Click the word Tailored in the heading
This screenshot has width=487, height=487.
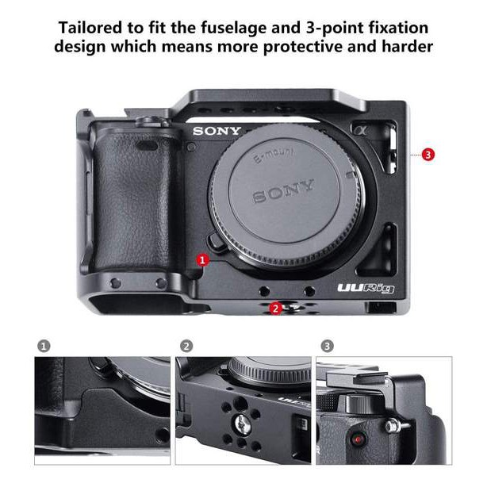90,27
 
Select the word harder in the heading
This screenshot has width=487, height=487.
407,47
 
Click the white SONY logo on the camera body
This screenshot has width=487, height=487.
217,131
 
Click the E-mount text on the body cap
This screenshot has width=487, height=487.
274,155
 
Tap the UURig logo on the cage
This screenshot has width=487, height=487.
366,289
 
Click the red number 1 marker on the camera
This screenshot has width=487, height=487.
202,260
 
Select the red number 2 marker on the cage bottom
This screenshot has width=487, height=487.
275,309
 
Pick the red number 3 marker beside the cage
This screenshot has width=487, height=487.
428,155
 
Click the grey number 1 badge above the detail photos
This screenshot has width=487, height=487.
44,346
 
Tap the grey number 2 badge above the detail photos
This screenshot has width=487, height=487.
186,346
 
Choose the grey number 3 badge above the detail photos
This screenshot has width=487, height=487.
327,346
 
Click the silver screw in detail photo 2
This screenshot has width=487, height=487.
243,424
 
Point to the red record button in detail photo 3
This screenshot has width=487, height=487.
358,439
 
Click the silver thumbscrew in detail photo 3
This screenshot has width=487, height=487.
394,425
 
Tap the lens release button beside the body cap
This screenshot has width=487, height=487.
217,242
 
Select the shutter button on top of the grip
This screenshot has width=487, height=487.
152,122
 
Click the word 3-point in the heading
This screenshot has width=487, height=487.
335,29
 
